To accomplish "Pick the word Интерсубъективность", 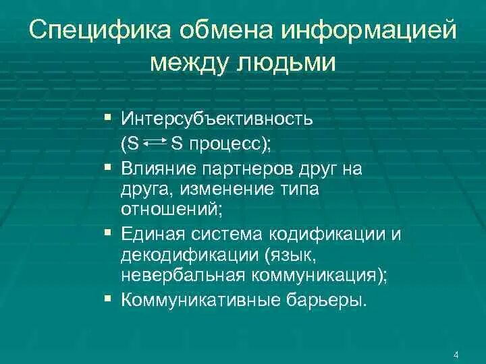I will point(217,119).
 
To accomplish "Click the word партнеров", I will point(237,168).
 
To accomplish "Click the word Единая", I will point(151,233).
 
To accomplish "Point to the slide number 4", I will point(457,355).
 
